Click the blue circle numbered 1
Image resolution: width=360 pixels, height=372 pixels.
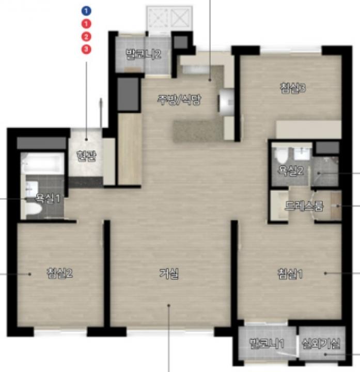coord(86,11)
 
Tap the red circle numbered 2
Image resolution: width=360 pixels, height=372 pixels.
coord(86,37)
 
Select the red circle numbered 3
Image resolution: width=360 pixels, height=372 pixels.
coord(86,50)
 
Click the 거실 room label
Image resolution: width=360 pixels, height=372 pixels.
coord(168,273)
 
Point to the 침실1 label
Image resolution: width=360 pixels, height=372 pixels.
coord(290,273)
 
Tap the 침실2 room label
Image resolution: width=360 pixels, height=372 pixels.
coord(59,273)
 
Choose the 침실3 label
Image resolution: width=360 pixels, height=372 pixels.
coord(293,88)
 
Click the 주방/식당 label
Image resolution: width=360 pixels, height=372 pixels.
coord(179,100)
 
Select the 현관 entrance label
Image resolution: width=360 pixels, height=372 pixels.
coord(86,156)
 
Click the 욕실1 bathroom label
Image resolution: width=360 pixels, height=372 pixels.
coord(48,198)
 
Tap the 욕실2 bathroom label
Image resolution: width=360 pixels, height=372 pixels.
coord(291,170)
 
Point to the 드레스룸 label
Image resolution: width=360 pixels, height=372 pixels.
coord(304,206)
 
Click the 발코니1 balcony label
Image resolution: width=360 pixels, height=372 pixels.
coord(267,343)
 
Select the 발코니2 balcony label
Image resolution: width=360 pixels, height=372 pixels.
coord(143,54)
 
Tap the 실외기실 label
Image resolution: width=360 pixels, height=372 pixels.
coord(321,343)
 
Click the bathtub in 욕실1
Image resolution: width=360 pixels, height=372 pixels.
coord(43,163)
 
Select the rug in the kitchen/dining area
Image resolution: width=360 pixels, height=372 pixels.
coord(198,131)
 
